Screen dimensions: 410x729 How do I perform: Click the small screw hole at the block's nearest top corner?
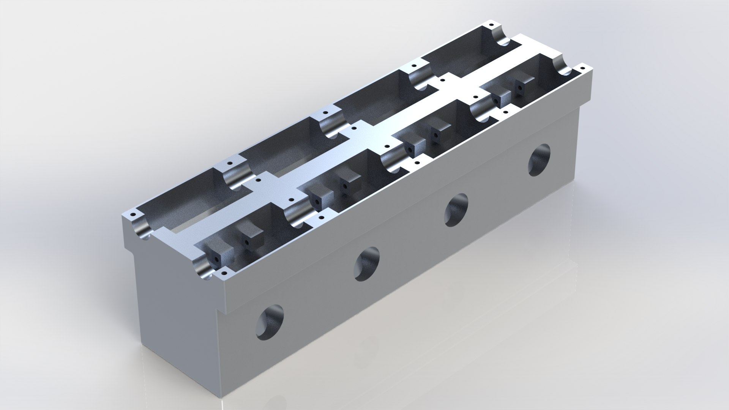click(x=224, y=273)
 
